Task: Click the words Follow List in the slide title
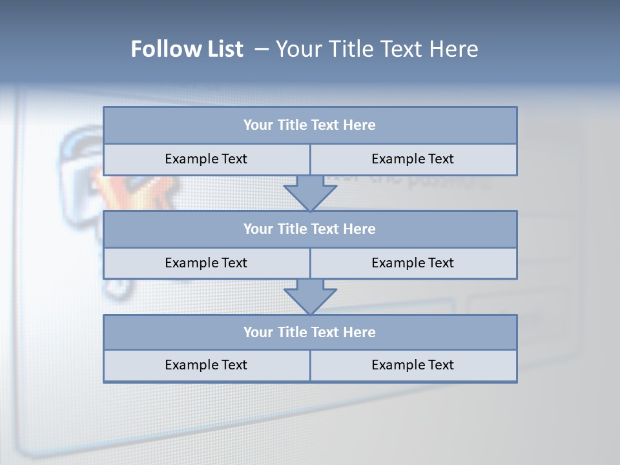tap(187, 49)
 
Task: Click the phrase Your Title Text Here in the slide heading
tap(377, 49)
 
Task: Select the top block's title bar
tap(310, 125)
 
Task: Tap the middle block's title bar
tap(310, 229)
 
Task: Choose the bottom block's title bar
tap(310, 332)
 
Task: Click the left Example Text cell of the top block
tap(206, 159)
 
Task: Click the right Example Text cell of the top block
tap(413, 159)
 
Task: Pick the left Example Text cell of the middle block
tap(206, 263)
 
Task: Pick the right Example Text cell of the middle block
tap(413, 263)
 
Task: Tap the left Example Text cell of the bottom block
tap(206, 365)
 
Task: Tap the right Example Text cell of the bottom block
tap(413, 365)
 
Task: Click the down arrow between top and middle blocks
tap(310, 193)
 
